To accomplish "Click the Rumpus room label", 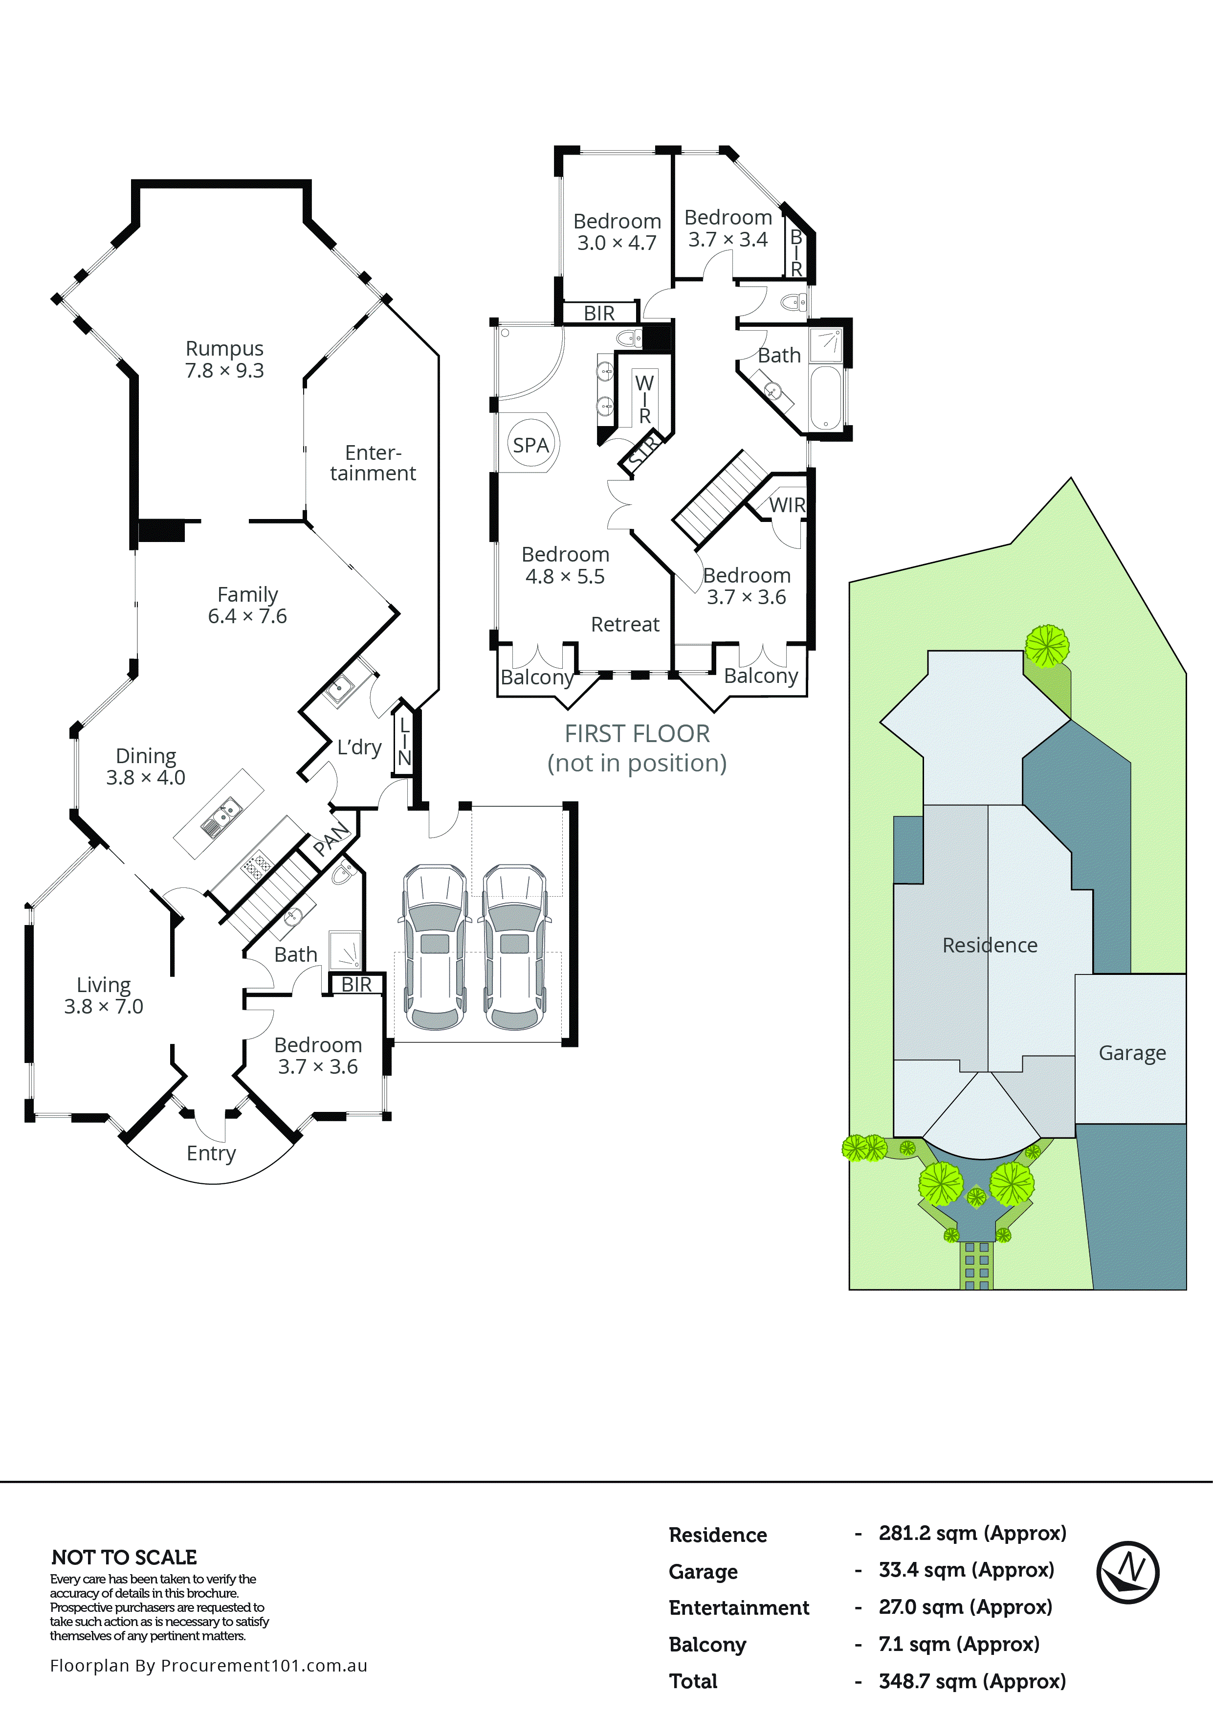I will pos(224,359).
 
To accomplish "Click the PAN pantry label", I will pos(331,838).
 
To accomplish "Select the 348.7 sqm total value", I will pos(971,1681).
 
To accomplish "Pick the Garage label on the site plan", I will pos(1131,1053).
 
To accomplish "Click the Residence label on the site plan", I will pos(990,945).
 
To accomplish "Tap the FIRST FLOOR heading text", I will pos(637,734).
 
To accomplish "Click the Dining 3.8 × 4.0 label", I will pos(146,766).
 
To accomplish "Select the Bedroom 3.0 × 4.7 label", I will pos(617,231).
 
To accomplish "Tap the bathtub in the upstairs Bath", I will pos(826,397).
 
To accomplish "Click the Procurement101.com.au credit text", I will pos(209,1665).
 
